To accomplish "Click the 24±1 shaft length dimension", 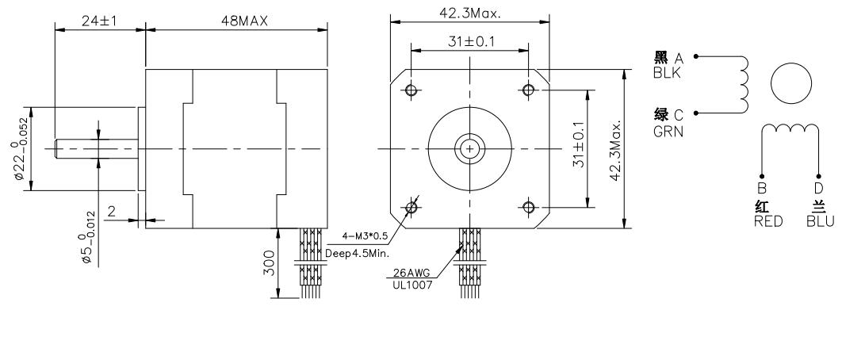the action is (x=98, y=21).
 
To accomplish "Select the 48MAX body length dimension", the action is (x=244, y=21).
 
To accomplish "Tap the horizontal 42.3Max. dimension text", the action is (x=469, y=13).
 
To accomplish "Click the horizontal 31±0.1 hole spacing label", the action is (x=471, y=42).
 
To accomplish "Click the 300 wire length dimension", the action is (x=269, y=265).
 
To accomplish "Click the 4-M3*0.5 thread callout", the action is (x=366, y=237).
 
